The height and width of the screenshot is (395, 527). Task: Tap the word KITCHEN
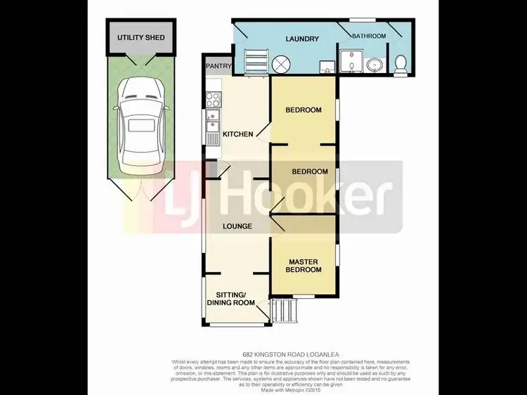tap(238, 134)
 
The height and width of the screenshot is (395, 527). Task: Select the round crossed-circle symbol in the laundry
tap(281, 65)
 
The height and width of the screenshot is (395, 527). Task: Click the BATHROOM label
tap(370, 36)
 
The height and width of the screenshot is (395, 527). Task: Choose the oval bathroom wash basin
tap(374, 65)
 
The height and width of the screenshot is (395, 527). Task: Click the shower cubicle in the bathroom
tap(348, 62)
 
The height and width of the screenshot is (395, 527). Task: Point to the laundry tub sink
tap(326, 67)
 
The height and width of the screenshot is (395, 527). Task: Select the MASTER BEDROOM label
tap(304, 266)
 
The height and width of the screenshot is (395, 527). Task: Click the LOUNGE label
tap(238, 226)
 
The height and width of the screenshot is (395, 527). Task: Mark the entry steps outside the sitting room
tap(282, 309)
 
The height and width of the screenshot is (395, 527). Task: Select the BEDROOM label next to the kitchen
tap(304, 110)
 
